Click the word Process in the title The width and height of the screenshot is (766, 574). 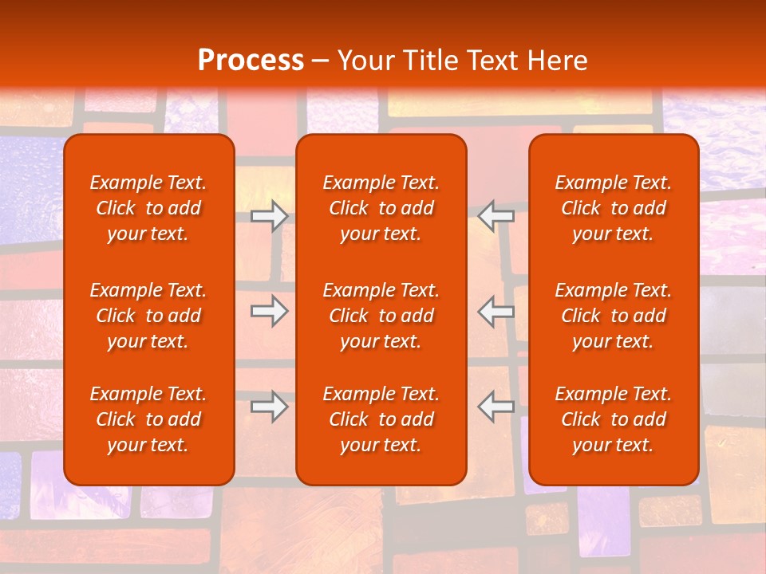[251, 60]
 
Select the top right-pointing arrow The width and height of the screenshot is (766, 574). [269, 214]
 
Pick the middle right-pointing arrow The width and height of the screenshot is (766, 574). [269, 311]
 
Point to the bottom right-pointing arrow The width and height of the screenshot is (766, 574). [269, 406]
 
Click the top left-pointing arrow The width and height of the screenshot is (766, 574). [496, 214]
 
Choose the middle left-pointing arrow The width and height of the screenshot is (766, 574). [496, 311]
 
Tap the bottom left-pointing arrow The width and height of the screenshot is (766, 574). [496, 406]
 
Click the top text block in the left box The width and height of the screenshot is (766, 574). [148, 208]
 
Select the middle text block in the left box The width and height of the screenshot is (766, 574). [148, 316]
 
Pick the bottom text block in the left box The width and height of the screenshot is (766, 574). [148, 419]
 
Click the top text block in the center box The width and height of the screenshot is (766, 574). [381, 208]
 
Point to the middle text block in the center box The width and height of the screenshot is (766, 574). [381, 316]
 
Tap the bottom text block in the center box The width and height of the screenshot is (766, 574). [381, 419]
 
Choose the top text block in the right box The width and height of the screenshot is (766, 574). [614, 208]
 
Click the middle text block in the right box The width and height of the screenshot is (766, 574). [614, 316]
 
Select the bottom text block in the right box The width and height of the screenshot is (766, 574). [614, 419]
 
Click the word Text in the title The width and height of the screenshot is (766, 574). [491, 60]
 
